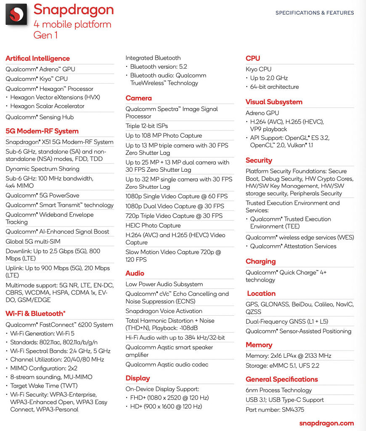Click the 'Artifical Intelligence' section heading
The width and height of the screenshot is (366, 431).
(37, 59)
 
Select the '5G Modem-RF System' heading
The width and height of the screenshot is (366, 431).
(42, 131)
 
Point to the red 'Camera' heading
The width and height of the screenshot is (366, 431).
(138, 98)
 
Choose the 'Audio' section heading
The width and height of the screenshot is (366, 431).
(135, 273)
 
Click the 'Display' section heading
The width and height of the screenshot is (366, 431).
(138, 378)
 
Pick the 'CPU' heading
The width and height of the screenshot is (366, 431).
(253, 59)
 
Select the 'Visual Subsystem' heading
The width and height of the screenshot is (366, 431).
(274, 102)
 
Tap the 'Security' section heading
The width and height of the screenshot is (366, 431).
(259, 160)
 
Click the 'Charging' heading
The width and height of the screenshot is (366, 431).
(260, 261)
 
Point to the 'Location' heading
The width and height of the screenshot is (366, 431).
(261, 293)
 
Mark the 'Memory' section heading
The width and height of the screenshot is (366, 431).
(259, 345)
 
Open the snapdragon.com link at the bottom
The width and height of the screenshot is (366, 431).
(326, 423)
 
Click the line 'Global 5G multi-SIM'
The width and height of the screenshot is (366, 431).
(33, 242)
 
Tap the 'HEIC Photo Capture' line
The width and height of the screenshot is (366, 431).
(153, 226)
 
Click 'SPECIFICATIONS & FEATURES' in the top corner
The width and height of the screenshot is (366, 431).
(315, 13)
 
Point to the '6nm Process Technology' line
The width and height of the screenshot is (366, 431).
(278, 390)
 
